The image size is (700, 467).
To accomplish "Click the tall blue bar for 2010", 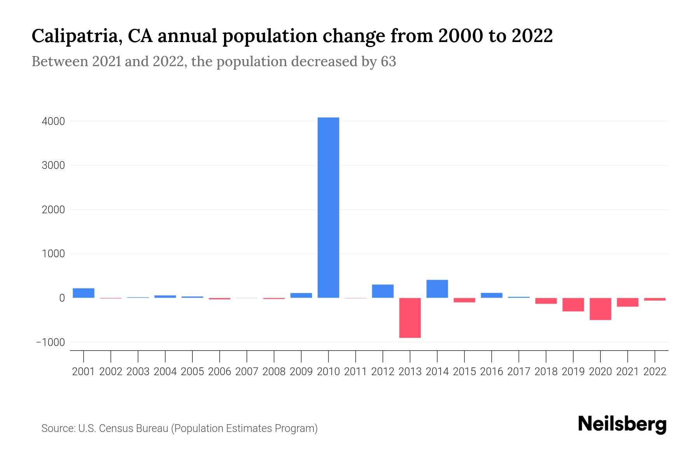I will pos(328,207).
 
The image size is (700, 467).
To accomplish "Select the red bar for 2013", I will pos(410,318).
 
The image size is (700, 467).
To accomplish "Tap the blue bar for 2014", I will pos(437,289).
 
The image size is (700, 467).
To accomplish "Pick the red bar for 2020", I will pos(600,309).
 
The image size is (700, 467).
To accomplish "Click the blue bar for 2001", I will pos(84,293).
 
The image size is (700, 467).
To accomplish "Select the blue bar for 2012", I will pos(383,291).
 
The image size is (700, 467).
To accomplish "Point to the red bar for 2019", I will pos(573,305).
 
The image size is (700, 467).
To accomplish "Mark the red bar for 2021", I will pos(627,302).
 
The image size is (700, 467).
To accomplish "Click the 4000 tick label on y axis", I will pos(53,121).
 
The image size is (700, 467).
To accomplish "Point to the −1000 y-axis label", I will pos(50,342).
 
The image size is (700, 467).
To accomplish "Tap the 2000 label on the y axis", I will pos(53,210).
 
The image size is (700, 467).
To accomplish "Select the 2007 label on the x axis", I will pos(247,372).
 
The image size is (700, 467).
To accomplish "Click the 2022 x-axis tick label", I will pos(654,372).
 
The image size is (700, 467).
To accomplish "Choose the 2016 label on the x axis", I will pos(492,372).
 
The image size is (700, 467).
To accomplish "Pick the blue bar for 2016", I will pos(492,295).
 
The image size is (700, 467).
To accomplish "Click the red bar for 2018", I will pos(546,301).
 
